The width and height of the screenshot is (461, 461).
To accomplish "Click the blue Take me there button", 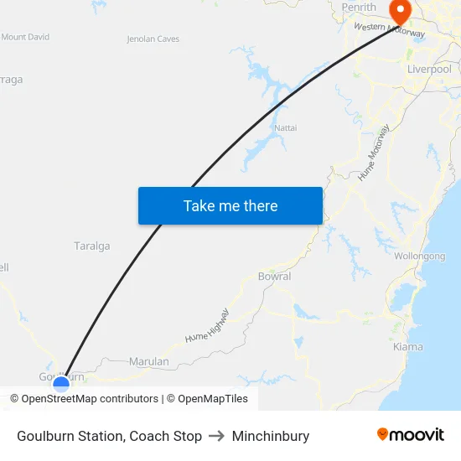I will pyautogui.click(x=230, y=205).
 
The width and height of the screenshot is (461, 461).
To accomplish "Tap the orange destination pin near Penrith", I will pyautogui.click(x=401, y=12).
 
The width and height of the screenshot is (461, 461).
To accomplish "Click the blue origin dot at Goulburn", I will pyautogui.click(x=61, y=385).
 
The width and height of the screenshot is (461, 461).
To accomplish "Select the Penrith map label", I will pyautogui.click(x=360, y=8).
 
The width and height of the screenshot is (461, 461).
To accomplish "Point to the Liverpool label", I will pyautogui.click(x=429, y=70).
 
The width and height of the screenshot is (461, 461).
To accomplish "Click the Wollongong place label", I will pyautogui.click(x=419, y=256).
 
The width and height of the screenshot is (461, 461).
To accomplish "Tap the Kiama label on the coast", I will pyautogui.click(x=408, y=346).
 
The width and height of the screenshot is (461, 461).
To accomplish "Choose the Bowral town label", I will pyautogui.click(x=274, y=276).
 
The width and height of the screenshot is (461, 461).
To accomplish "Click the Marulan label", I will pyautogui.click(x=149, y=361).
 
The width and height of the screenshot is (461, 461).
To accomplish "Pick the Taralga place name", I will pyautogui.click(x=92, y=246).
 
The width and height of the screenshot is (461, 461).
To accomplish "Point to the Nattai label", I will pyautogui.click(x=286, y=127).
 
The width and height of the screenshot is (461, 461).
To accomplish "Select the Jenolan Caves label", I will pyautogui.click(x=153, y=39).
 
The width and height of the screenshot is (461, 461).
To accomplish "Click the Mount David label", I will pyautogui.click(x=25, y=37).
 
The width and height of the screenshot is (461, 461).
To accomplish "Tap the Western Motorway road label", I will pyautogui.click(x=390, y=30).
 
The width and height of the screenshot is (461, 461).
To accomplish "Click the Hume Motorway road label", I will pyautogui.click(x=374, y=153).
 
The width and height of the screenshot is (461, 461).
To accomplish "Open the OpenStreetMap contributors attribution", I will pyautogui.click(x=85, y=399).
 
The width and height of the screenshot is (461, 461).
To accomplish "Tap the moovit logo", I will pyautogui.click(x=411, y=435).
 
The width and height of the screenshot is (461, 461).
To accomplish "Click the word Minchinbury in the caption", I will pyautogui.click(x=271, y=436).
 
